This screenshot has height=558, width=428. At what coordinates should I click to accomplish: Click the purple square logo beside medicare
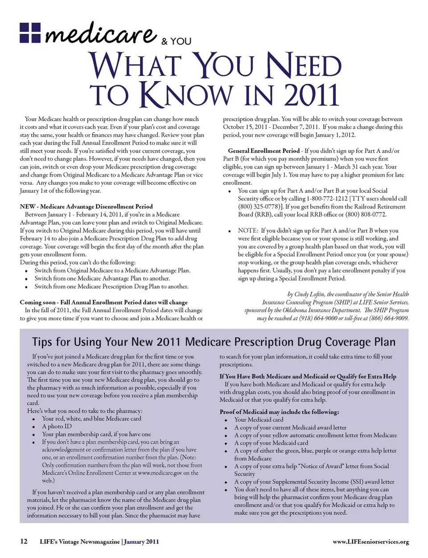pos(30,33)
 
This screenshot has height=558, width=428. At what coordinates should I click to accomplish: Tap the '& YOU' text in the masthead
pos(176,41)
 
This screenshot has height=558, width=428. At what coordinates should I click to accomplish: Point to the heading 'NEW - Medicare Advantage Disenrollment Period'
pos(86,207)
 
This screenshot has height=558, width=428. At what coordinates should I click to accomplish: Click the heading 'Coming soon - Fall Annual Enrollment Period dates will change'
pos(103,302)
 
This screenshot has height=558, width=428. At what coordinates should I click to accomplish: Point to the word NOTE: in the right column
pos(248,231)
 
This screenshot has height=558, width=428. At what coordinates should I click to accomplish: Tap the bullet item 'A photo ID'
pos(57,426)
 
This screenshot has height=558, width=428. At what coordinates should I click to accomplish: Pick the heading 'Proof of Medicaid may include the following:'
pos(279,412)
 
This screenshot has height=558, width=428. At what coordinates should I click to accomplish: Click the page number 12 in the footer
pos(24,541)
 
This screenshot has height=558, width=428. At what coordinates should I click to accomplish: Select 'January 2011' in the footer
pos(141,542)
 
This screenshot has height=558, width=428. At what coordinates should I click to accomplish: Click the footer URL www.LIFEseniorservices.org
pos(370,542)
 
